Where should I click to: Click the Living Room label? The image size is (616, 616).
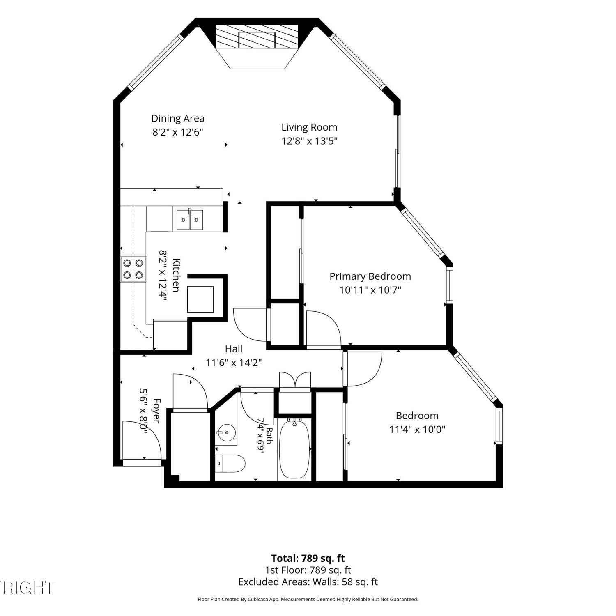click(309, 127)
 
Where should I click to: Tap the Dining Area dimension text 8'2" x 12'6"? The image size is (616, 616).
click(178, 132)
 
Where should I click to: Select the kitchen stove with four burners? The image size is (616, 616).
click(133, 269)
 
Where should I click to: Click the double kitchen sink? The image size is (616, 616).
click(190, 219)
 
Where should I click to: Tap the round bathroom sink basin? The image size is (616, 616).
click(226, 432)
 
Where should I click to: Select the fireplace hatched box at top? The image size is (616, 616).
click(257, 37)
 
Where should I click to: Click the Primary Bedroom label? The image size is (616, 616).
click(370, 276)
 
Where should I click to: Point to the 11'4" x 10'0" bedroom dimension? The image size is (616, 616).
click(417, 430)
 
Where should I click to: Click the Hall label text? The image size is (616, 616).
click(234, 349)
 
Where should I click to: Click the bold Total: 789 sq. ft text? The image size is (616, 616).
click(308, 559)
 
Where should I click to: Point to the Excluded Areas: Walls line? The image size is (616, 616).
click(308, 582)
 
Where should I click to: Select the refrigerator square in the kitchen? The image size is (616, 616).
click(200, 299)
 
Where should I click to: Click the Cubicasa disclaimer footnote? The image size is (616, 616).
click(308, 600)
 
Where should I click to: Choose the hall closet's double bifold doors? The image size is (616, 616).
click(295, 380)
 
